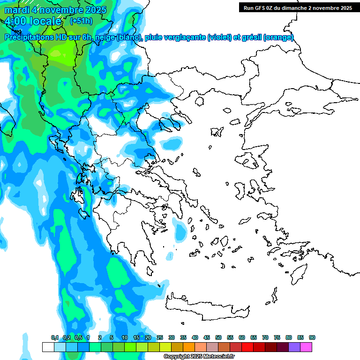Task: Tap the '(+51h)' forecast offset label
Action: click(81, 21)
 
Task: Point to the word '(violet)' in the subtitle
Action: click(223, 37)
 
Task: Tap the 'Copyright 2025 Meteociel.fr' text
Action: click(199, 357)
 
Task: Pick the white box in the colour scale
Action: click(48, 347)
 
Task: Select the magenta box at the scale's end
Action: click(306, 347)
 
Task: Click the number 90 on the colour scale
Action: click(312, 337)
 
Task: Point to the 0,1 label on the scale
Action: click(54, 337)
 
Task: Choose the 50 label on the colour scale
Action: click(218, 337)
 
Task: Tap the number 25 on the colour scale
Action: click(160, 337)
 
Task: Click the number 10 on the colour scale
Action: click(125, 337)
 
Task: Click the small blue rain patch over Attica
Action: click(180, 230)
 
